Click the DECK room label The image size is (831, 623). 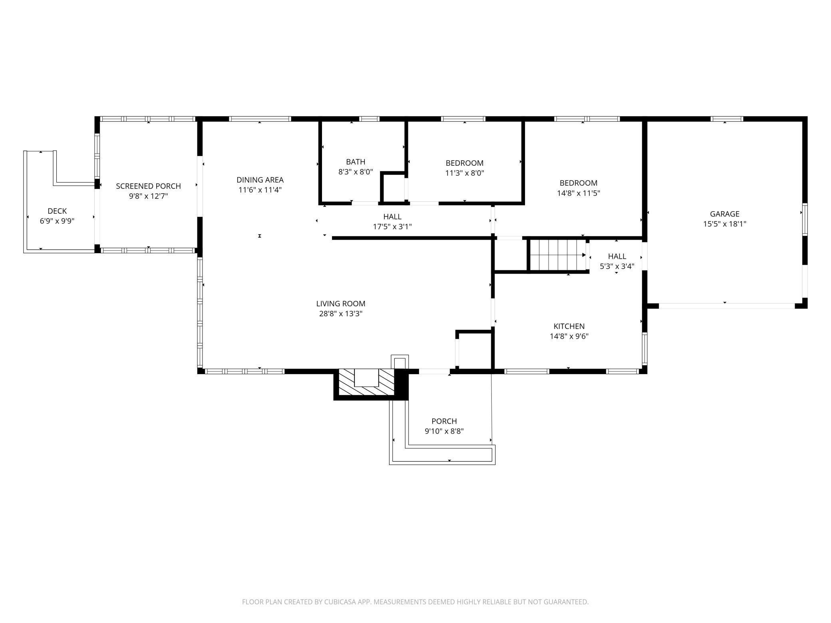coord(57,211)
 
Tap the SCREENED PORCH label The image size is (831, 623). coord(148,186)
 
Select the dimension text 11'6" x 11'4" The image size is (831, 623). coord(260,190)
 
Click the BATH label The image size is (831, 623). coord(356,162)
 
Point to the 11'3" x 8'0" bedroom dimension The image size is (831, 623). coord(465,173)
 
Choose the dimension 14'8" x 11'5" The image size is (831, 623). coord(579,193)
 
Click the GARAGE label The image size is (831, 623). coord(725,214)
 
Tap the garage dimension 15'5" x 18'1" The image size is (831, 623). coord(725,224)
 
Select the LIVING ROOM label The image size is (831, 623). coord(341,304)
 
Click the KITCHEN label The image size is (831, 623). coord(569,326)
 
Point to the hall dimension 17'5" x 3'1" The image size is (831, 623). coord(392,227)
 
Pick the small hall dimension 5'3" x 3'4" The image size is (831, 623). coord(617,266)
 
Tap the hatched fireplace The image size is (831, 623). coord(366,383)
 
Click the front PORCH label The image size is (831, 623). coord(444,421)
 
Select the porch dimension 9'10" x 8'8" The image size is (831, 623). coord(444,431)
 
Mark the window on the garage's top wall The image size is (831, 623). coord(727,119)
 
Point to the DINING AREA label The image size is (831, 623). coord(260,180)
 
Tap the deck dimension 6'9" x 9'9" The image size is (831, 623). coord(57,221)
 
